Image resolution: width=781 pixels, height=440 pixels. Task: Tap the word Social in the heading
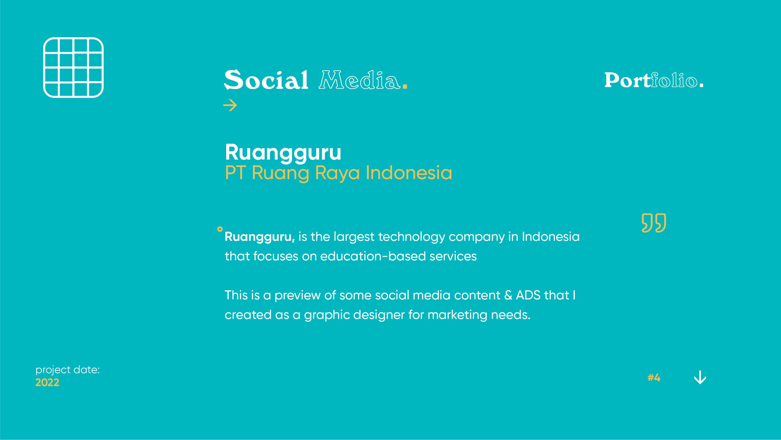(266, 80)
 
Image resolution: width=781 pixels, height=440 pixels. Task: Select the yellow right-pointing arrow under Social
(230, 105)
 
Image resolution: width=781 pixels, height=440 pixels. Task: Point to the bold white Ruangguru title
(283, 152)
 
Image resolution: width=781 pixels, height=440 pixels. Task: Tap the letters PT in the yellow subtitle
(235, 173)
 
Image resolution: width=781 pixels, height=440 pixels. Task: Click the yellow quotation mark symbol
(654, 223)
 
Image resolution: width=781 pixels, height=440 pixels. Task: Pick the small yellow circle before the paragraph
(220, 229)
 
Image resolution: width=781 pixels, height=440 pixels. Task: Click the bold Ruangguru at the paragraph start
(259, 237)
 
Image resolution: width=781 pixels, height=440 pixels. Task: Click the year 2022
(47, 383)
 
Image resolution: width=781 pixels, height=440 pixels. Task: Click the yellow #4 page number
(654, 378)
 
